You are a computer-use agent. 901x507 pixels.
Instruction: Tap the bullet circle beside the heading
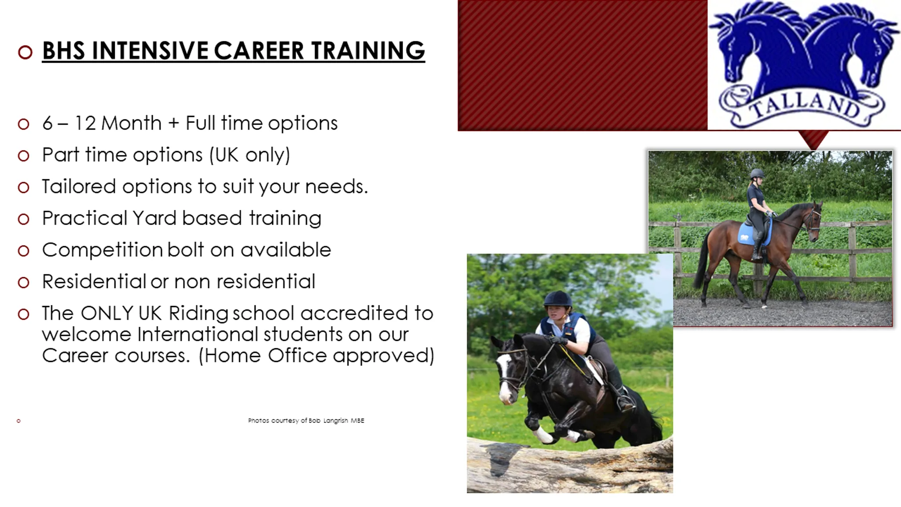coord(25,52)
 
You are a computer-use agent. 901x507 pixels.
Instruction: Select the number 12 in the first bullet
coord(85,123)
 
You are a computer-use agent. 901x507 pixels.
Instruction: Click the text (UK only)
coord(249,155)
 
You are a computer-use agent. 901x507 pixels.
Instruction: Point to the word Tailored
coord(78,187)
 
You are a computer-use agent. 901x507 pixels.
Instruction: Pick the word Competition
coord(102,250)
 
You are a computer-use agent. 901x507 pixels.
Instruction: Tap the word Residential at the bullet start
coord(94,282)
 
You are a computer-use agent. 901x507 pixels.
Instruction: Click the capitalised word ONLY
coord(106,313)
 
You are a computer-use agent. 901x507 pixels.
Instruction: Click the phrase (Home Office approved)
coord(316,356)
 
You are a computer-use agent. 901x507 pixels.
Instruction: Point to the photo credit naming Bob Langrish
coord(306,421)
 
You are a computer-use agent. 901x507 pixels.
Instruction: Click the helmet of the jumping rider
coord(558,299)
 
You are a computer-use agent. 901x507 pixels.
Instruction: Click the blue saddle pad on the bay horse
coord(750,233)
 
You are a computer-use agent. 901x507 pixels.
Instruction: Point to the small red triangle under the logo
coord(813,140)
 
